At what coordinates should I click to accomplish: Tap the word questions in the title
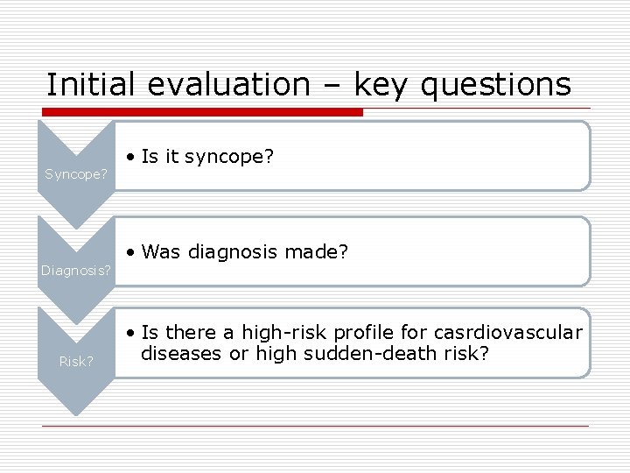pos(496,85)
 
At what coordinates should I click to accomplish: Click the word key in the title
pos(381,85)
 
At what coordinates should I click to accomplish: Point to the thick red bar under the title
pos(202,112)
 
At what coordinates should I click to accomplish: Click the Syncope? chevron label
pos(76,174)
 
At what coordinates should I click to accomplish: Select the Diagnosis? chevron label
pos(76,271)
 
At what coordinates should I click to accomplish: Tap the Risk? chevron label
pos(76,361)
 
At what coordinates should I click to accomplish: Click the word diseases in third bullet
pos(178,353)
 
